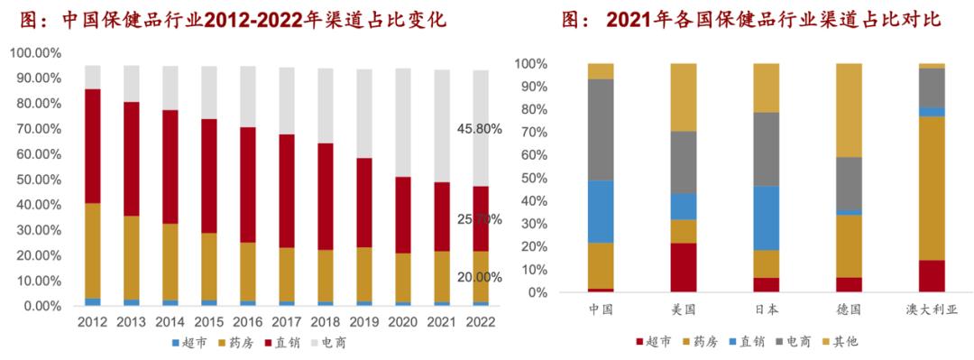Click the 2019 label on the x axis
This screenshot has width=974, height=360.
365,322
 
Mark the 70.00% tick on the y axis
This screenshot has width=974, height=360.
35,129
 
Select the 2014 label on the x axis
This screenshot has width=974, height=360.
170,322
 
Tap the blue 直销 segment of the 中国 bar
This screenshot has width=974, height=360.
601,211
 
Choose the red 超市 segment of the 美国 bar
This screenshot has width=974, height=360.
684,267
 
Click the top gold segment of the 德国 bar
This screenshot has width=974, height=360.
849,110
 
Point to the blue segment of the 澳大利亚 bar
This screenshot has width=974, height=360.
932,112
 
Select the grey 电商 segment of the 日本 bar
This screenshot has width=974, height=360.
767,149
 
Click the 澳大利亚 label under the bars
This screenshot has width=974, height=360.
932,310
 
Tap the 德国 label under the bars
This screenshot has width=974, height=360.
849,310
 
